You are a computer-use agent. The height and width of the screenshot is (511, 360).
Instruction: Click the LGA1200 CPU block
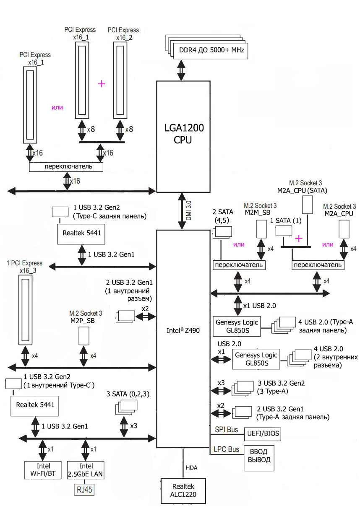coord(183,134)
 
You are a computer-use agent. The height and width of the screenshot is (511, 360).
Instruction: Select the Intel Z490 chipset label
coord(183,330)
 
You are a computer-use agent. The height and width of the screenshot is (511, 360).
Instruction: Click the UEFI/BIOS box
coord(263,434)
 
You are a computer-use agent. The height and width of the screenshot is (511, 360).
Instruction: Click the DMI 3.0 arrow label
coord(189,211)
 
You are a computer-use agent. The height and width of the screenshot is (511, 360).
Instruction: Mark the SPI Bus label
coord(227,429)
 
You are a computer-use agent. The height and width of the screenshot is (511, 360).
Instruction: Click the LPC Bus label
coord(227,449)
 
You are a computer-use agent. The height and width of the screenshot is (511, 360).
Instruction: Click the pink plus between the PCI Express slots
coord(101,84)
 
